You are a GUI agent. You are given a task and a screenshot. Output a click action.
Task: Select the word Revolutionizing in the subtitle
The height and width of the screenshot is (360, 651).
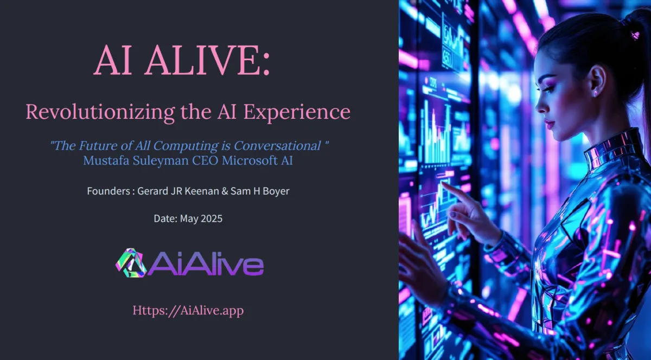click(x=100, y=112)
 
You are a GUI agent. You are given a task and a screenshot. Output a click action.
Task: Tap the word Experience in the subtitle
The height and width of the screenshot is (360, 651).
click(x=297, y=112)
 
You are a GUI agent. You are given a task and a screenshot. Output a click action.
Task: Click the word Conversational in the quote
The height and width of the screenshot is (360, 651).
click(x=277, y=145)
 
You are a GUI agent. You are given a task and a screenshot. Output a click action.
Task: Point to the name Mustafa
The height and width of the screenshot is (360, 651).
click(x=106, y=160)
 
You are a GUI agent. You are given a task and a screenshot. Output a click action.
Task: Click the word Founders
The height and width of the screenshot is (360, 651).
click(x=108, y=191)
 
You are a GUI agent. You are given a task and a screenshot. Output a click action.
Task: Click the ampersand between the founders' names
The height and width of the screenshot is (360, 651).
click(x=225, y=191)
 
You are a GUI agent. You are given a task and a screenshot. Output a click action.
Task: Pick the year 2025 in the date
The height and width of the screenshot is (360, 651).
click(x=211, y=218)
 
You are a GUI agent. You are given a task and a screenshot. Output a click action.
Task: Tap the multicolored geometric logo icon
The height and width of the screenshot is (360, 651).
click(x=131, y=263)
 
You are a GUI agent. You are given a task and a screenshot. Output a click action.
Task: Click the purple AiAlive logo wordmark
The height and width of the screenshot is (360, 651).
click(x=206, y=263)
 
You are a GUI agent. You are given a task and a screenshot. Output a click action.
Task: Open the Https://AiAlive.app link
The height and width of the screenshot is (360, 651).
click(x=188, y=311)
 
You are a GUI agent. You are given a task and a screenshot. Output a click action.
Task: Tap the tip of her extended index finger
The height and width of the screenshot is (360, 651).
click(x=442, y=183)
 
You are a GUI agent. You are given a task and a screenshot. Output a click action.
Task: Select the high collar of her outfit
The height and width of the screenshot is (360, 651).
click(x=613, y=150)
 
